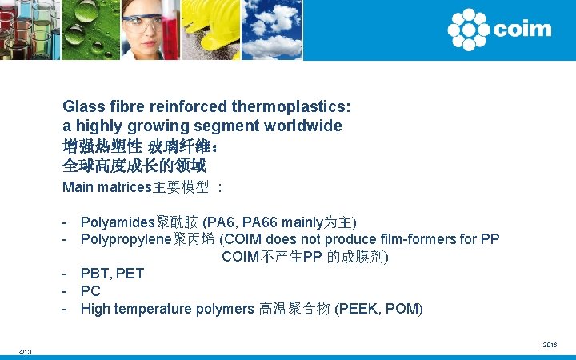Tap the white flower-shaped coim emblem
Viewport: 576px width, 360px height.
(468, 30)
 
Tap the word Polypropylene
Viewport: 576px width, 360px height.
(126, 239)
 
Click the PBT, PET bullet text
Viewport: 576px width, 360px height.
(112, 274)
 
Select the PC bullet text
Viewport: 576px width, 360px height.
(90, 291)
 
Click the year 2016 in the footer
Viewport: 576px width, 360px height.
(550, 345)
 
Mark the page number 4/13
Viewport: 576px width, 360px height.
(26, 352)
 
